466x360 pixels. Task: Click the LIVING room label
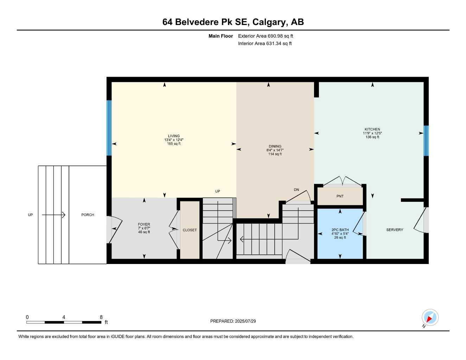point(174,136)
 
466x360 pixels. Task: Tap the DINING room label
point(275,146)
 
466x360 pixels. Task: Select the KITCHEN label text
point(372,129)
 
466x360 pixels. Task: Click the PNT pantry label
point(340,196)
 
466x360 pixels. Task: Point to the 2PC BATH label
point(340,230)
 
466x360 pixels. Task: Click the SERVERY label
point(395,230)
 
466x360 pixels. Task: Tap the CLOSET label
point(190,230)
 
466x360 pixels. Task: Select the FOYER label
point(144,224)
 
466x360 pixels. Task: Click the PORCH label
point(88,215)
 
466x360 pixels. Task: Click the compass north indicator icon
point(429,318)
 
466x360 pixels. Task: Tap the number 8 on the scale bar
point(101,317)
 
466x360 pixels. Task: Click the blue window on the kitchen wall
point(426,141)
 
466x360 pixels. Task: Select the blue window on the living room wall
point(109,128)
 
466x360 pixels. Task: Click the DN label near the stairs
point(296,190)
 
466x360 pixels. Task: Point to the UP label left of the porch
point(31,215)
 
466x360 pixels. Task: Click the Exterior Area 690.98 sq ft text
point(266,36)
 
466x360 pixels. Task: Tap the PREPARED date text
point(233,321)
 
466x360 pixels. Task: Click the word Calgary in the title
point(269,22)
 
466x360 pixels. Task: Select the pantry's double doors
point(342,181)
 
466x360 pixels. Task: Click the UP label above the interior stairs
point(217,191)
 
